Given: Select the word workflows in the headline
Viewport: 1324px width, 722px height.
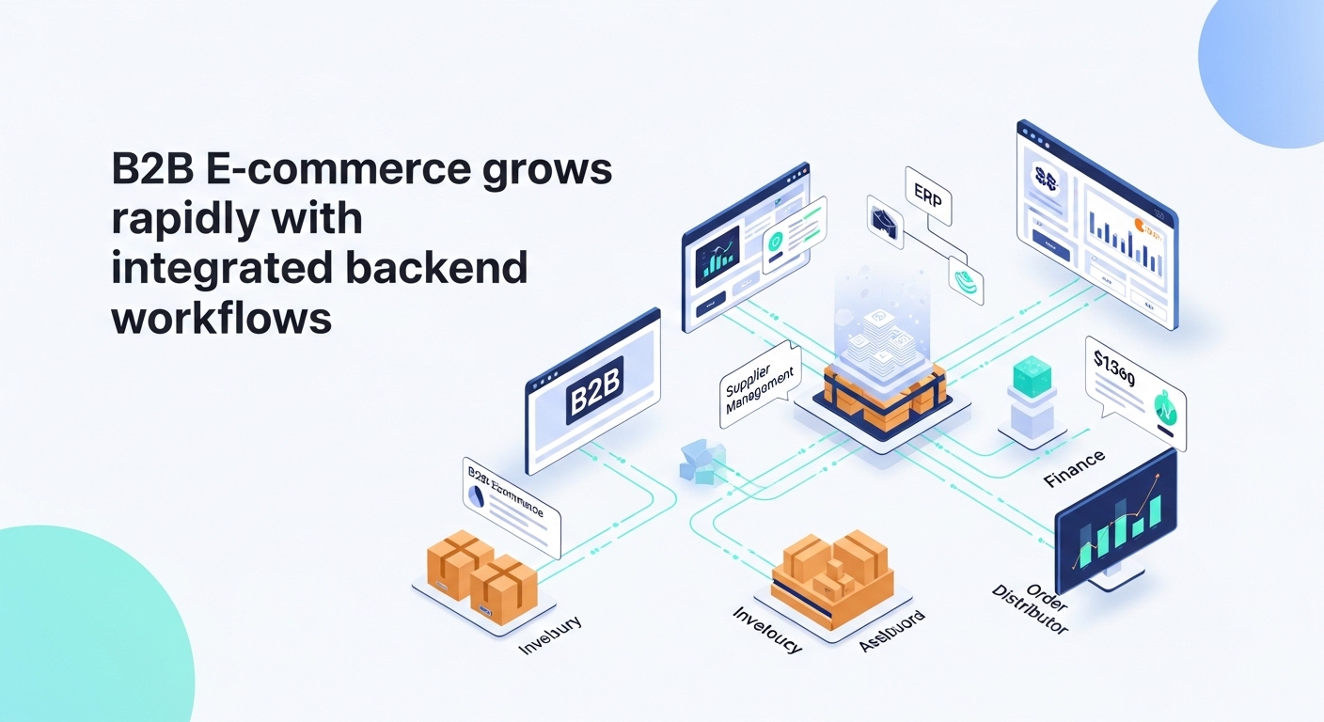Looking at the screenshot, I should click(222, 319).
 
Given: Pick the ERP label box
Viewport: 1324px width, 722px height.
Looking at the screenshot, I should click(927, 197).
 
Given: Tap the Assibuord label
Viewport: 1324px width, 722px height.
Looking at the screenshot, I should click(891, 631).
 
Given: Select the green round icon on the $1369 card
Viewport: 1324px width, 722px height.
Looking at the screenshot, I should click(1164, 407).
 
